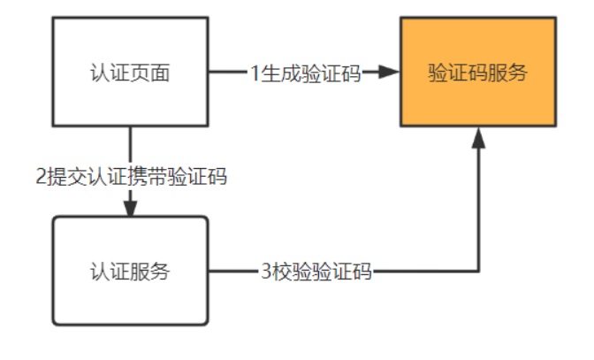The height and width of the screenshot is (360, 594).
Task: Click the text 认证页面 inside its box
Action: coord(130,73)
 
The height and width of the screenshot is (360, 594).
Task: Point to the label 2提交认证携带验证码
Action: coord(131,176)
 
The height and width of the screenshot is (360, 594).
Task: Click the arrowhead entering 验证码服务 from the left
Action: coord(387,73)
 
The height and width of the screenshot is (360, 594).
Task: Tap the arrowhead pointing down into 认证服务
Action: coord(130,207)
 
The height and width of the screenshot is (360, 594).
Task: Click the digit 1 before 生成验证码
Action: coord(255,73)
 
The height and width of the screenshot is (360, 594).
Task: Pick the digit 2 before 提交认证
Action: coord(41,176)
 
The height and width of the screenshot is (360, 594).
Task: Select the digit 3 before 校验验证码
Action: coord(267,272)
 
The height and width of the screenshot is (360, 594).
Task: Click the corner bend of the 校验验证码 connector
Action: coord(478,272)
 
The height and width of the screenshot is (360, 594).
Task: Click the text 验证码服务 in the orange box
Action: coord(477,73)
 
